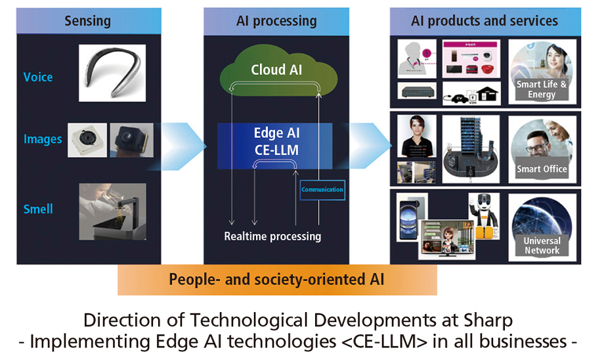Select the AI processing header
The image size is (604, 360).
[x=276, y=21]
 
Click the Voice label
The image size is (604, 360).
[x=38, y=77]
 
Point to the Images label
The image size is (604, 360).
[x=43, y=139]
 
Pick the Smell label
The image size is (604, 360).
[x=38, y=209]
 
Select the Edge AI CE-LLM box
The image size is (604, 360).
[x=276, y=141]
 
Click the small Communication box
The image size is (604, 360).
[x=322, y=190]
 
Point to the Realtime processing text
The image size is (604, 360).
[x=272, y=236]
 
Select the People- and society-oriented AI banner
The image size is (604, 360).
[x=276, y=279]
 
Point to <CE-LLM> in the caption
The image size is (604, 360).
[x=401, y=342]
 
